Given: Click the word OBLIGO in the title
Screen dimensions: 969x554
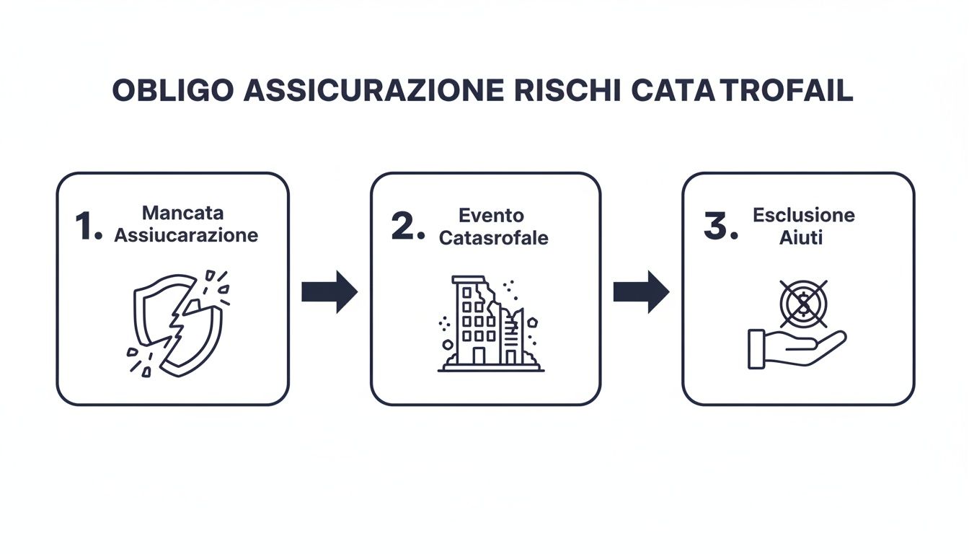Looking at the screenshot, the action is coord(173,90).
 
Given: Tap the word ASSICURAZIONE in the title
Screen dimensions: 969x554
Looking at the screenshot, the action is coord(373,90).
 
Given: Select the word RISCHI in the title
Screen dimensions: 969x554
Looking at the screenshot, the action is coord(567,90).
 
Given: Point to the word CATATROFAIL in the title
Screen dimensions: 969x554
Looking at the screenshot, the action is coord(743,90).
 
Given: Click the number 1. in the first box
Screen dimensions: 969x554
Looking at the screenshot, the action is coord(89,226).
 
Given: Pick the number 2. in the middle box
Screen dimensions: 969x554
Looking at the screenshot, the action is coord(408,226).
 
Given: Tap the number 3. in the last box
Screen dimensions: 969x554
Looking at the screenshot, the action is coord(721,226).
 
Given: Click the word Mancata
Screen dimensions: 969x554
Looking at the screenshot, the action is coord(183,213).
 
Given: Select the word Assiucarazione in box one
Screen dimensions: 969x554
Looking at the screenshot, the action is coord(186,235).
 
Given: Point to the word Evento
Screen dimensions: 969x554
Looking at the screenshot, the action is coord(491,216).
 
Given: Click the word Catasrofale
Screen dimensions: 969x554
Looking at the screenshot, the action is coord(494,238).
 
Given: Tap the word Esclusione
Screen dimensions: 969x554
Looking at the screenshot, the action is coord(804,215).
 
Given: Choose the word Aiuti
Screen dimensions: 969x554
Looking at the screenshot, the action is coord(801,237).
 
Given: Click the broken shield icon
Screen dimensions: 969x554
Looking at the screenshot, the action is coord(178,324).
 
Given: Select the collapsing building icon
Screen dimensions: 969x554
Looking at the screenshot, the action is coord(490,324).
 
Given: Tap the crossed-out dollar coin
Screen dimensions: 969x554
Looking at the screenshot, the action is coord(804,304).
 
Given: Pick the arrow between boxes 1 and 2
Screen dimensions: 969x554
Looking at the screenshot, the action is coord(329,291).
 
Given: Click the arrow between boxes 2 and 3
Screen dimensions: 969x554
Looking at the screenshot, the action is coord(642,291).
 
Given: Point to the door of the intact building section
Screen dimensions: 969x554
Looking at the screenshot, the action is coord(479,356).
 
